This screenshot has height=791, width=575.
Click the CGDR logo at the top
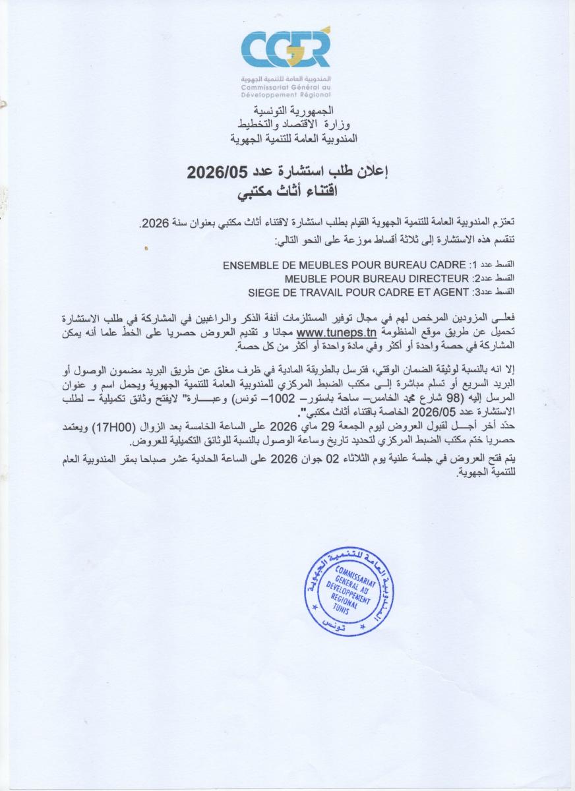285,49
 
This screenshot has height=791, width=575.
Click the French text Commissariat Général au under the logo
285,87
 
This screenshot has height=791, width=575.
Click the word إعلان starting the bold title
375,173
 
